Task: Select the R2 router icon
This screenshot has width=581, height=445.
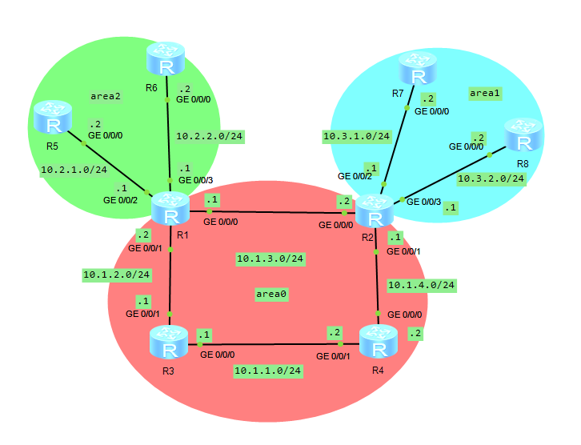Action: tap(375, 212)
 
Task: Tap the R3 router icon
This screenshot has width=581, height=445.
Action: tap(169, 344)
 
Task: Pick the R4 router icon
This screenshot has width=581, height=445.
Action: tap(379, 343)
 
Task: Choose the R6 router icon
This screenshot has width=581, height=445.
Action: tap(166, 61)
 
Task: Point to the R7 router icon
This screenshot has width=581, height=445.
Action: tap(417, 69)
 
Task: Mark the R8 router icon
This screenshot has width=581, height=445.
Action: tap(523, 136)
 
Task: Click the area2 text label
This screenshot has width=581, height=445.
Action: tap(106, 96)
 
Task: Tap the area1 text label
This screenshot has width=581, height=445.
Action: tap(484, 94)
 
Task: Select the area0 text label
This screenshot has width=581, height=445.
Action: tap(271, 295)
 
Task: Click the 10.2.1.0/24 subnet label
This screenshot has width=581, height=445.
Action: tap(74, 170)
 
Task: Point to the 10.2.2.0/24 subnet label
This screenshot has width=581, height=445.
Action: tap(209, 136)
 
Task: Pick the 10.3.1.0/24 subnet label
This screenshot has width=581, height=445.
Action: tap(356, 136)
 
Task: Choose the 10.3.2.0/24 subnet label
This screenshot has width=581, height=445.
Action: tap(491, 179)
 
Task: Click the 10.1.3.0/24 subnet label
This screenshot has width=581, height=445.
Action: tap(270, 259)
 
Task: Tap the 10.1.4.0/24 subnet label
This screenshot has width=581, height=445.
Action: tap(421, 284)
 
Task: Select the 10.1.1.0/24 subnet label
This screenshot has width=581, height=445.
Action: tap(267, 371)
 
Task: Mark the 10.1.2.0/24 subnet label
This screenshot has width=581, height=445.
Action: tap(117, 275)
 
